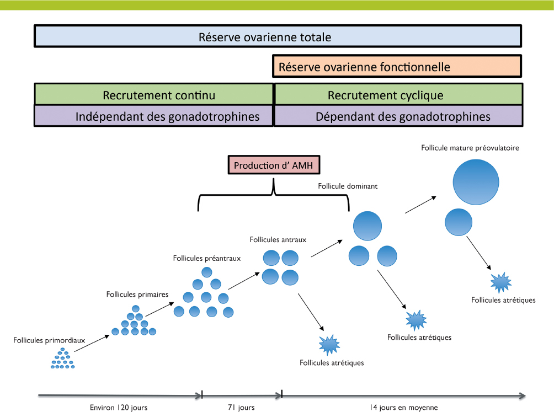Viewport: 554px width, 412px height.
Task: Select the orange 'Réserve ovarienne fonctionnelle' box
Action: click(397, 67)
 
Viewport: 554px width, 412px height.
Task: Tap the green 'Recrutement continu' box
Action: click(154, 95)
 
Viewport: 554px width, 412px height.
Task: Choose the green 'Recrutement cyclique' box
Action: click(398, 95)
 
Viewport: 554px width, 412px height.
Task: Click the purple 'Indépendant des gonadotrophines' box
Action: click(154, 116)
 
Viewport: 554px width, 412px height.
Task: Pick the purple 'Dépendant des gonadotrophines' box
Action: click(398, 116)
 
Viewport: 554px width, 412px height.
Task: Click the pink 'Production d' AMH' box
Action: click(274, 165)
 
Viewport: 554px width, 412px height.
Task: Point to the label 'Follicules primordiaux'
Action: click(49, 340)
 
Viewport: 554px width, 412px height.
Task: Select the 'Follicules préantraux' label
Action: click(207, 258)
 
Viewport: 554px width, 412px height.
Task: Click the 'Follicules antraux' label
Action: click(278, 239)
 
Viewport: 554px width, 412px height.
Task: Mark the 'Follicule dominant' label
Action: click(348, 186)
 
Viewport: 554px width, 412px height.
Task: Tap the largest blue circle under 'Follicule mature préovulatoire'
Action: click(476, 181)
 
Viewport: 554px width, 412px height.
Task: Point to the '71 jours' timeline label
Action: click(241, 408)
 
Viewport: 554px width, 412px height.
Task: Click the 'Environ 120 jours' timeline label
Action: click(119, 408)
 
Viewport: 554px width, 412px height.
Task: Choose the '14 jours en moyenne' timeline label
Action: click(403, 408)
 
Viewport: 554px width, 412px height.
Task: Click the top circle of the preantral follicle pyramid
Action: click(207, 271)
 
